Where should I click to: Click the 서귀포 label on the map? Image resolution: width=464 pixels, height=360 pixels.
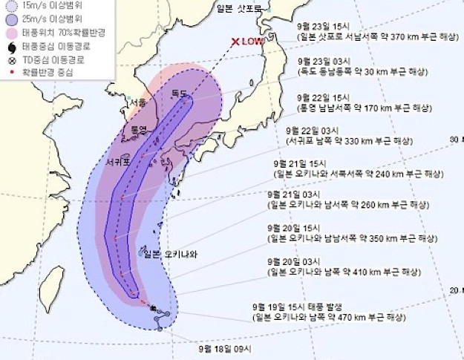tap(120, 161)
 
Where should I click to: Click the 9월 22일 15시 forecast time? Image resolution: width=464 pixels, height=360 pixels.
tap(323, 96)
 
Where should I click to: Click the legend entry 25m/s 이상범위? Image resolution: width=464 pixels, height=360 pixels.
tap(44, 20)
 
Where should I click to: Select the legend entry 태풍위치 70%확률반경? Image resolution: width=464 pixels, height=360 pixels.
tap(59, 33)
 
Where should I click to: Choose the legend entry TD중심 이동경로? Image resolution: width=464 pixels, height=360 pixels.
tap(53, 59)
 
